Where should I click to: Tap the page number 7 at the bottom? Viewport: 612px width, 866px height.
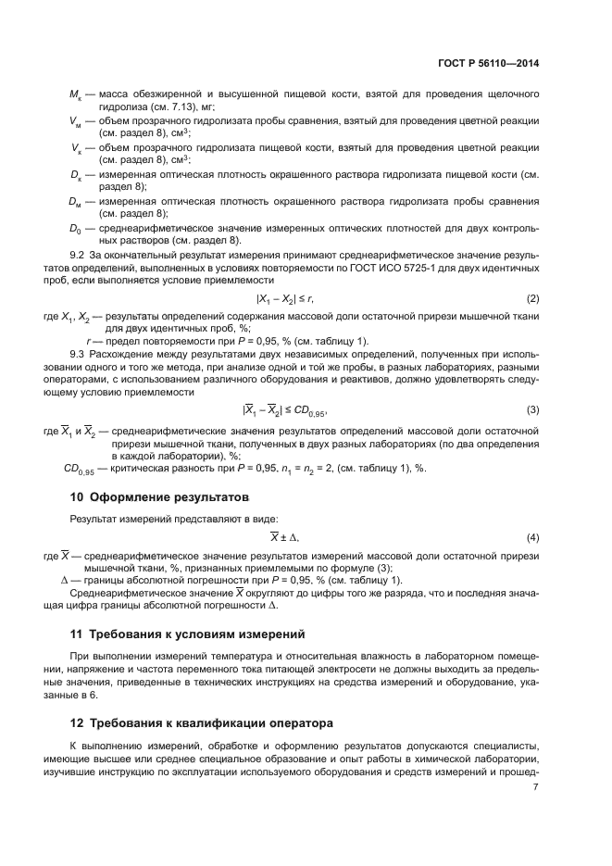536,787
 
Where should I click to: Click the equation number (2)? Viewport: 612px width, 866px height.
533,298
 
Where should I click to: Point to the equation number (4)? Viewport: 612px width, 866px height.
533,537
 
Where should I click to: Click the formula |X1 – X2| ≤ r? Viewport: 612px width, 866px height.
285,298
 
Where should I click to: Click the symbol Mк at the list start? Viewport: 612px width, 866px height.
77,95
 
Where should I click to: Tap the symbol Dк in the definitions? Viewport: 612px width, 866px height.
77,174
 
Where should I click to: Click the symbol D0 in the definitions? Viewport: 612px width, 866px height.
77,227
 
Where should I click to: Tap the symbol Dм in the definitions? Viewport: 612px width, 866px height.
77,200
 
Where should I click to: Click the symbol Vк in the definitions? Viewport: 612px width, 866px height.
77,148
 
